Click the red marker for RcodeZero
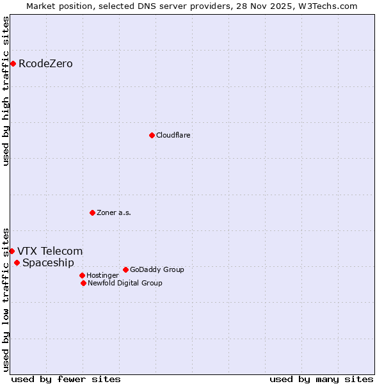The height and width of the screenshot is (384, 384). coord(13,63)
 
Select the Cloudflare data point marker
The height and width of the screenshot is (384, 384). coord(152,135)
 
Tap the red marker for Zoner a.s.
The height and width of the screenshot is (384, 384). coord(92,212)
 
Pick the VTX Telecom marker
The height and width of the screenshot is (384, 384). coord(12,251)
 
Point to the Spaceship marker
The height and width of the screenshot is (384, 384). coord(17,262)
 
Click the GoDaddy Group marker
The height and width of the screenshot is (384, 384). coord(125,269)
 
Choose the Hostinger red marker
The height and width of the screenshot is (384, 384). coord(82,275)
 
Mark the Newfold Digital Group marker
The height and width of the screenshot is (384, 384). coord(83,283)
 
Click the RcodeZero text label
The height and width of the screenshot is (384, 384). coord(45,63)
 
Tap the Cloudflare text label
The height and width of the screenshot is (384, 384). coord(173,135)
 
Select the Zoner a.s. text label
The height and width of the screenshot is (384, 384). coord(114,212)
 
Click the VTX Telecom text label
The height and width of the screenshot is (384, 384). coord(50,251)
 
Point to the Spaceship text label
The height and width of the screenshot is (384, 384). coord(48,262)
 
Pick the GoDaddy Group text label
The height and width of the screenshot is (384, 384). coord(157,269)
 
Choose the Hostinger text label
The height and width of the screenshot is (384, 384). coord(102,275)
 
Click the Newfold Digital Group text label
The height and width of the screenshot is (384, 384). coord(125,283)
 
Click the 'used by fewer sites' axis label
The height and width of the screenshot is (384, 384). coord(66,379)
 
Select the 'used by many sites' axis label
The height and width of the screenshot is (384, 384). coord(321,379)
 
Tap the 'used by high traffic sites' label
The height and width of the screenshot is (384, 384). coord(6,91)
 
